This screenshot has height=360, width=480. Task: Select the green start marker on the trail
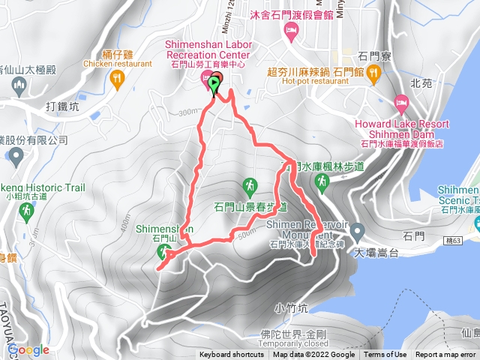click(x=216, y=85)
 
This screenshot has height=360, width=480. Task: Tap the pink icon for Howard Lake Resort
click(x=401, y=100)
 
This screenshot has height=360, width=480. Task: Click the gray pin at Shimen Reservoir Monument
click(x=357, y=229)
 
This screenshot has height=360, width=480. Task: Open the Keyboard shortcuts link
click(x=232, y=355)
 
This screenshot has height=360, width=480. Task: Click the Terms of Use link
click(x=385, y=355)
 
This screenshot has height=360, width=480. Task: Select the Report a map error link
click(x=445, y=355)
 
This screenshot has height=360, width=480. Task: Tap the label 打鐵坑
click(x=64, y=106)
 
